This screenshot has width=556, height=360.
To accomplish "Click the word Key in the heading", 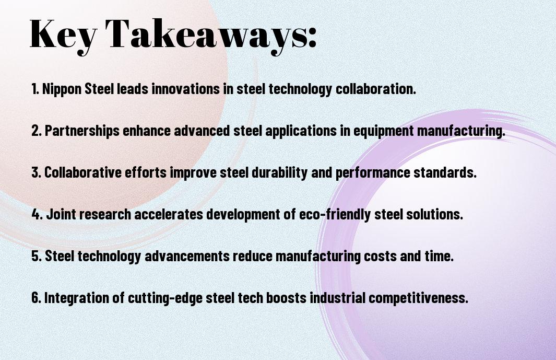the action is (63, 36).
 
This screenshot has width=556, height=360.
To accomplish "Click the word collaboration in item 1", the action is (375, 89).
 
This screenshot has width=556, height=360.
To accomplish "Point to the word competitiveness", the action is (418, 297).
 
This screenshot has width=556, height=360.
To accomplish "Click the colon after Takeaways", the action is (312, 38).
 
